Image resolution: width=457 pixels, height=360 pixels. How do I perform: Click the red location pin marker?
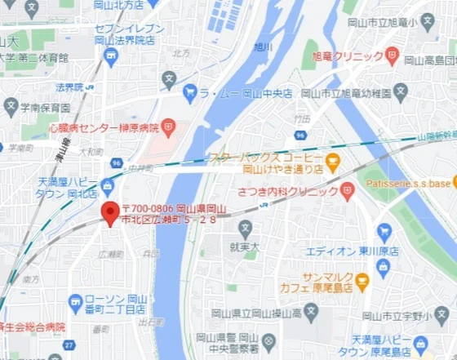click(x=110, y=214)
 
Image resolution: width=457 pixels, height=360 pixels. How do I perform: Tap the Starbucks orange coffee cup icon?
click(x=332, y=159)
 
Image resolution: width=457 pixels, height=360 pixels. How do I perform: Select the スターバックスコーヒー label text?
click(x=266, y=157)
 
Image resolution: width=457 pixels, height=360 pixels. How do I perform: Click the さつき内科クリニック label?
click(x=287, y=192)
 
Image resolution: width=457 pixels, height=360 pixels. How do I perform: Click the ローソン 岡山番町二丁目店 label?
click(x=117, y=304)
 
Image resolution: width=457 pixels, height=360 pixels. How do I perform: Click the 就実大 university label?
click(x=244, y=245)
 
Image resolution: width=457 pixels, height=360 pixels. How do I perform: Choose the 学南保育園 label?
click(x=47, y=106)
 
